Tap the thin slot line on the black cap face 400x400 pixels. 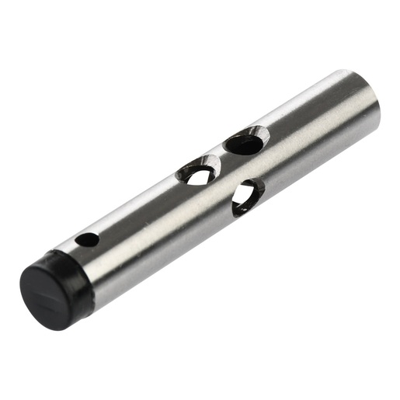51,287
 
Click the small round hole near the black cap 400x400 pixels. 88,239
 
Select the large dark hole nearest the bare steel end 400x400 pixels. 244,143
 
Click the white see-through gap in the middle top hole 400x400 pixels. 200,177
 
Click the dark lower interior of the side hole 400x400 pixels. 241,203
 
